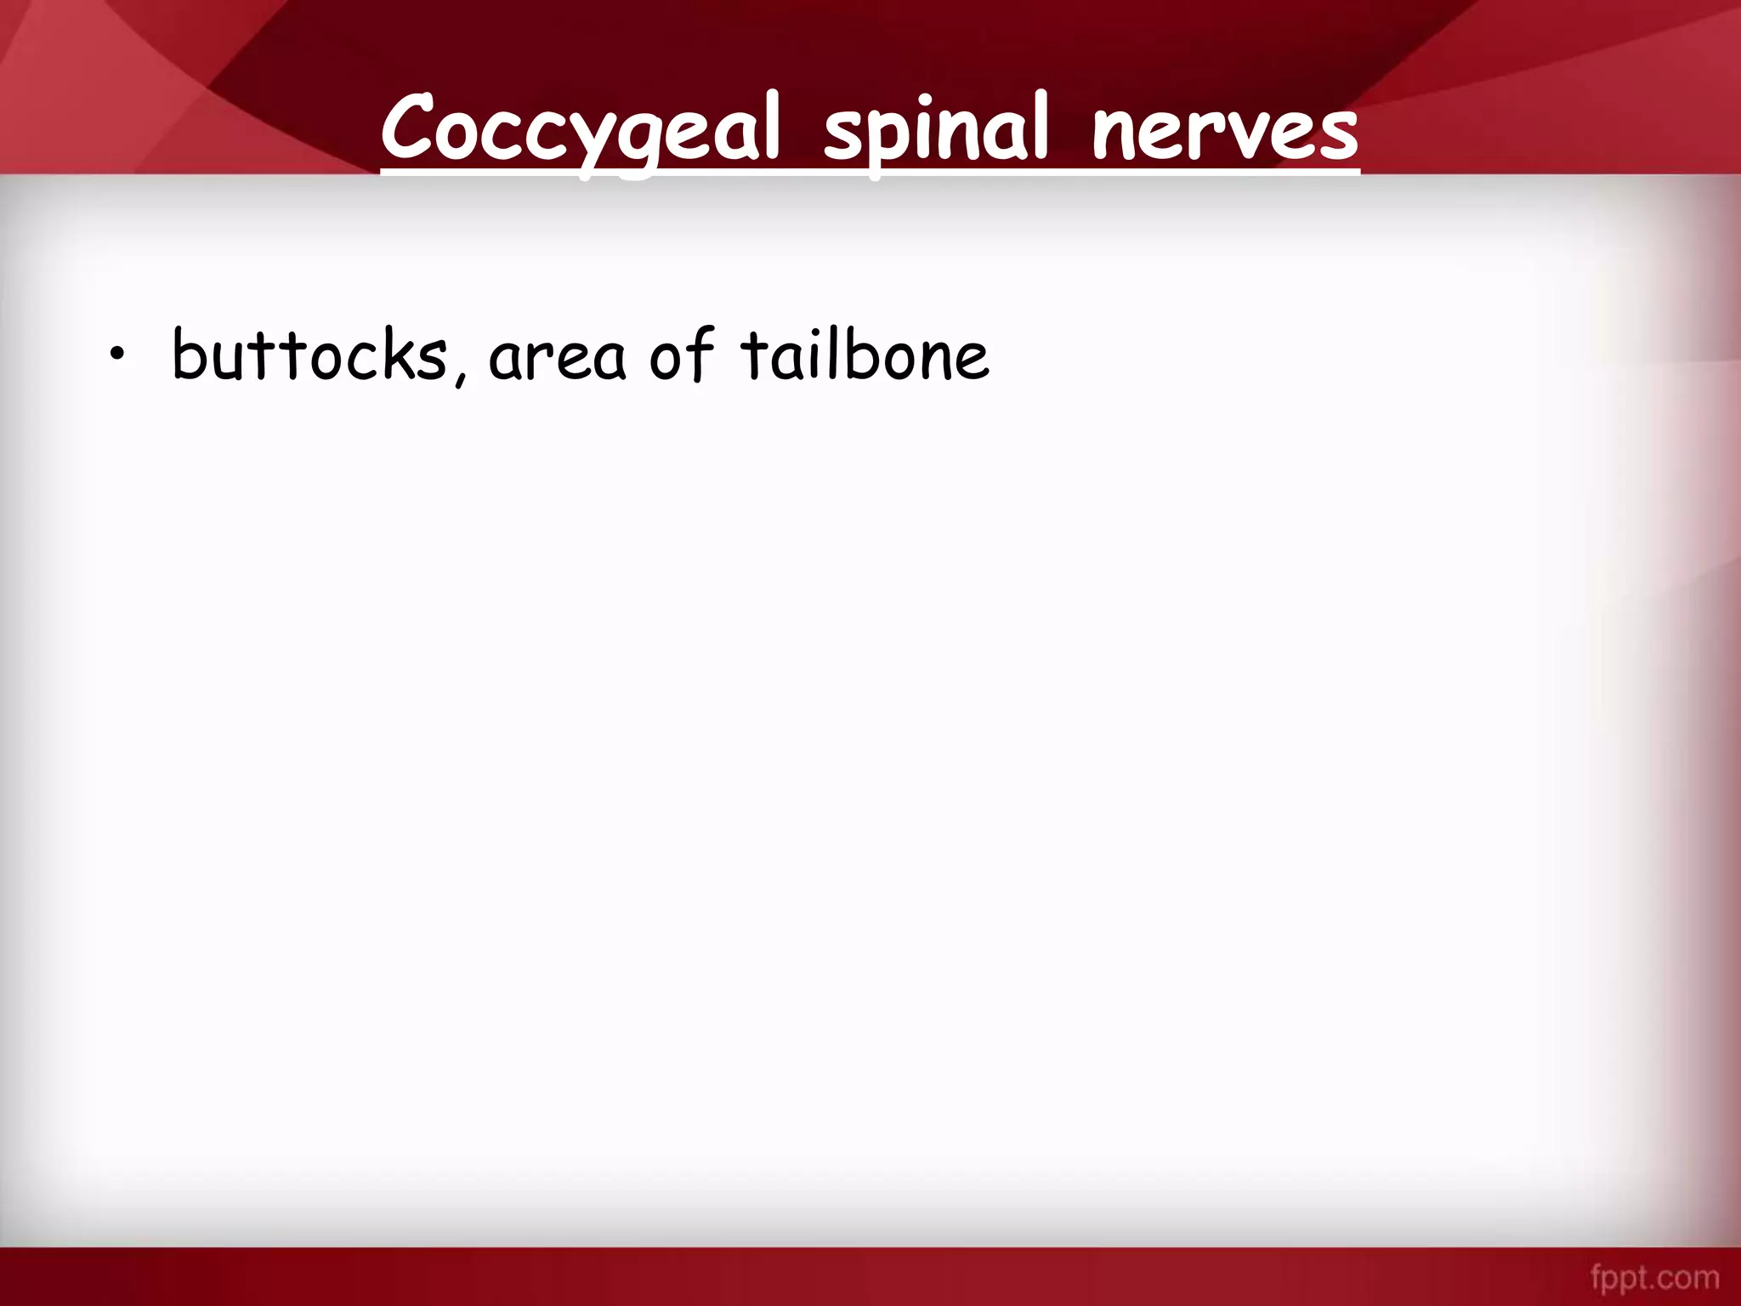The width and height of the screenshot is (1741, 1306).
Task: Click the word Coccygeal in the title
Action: [x=580, y=129]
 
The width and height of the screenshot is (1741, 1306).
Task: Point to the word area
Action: [x=557, y=357]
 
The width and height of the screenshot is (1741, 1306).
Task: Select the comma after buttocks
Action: [x=460, y=374]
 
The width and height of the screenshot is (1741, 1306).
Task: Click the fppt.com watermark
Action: [x=1654, y=1278]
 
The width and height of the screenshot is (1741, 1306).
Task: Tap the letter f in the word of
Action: [x=701, y=352]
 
